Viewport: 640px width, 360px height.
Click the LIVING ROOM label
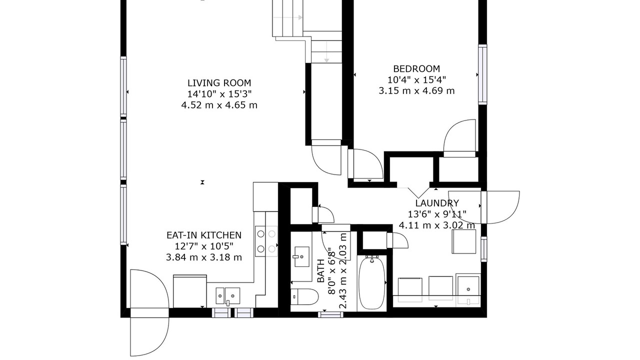219,83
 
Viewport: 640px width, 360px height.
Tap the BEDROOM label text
416,69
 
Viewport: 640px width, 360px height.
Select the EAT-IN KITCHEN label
204,235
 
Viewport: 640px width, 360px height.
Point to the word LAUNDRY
437,203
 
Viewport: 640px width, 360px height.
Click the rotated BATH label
321,271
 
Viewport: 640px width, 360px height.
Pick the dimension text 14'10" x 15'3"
219,93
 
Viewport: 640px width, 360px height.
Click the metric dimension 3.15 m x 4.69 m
416,91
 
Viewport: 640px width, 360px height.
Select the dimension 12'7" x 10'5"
204,246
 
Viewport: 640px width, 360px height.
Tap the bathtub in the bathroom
371,282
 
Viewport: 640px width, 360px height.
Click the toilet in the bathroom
304,296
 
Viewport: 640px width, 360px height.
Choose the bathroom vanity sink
301,256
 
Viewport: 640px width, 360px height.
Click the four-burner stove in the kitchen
266,241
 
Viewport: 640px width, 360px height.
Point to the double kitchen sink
227,296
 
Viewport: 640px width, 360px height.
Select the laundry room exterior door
500,207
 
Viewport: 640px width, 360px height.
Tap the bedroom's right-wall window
482,74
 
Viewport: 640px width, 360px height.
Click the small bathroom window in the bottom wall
330,314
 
